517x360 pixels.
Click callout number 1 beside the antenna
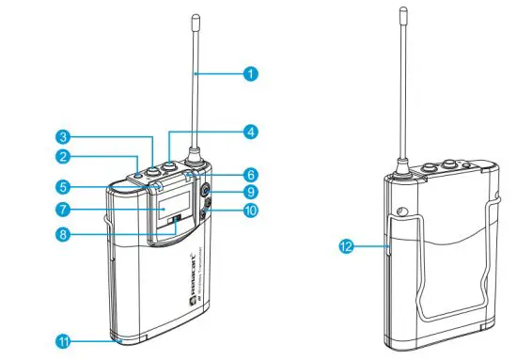(x=250, y=70)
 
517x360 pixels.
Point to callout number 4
(x=250, y=132)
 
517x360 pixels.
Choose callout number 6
(x=250, y=174)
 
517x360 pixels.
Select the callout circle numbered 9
(x=250, y=192)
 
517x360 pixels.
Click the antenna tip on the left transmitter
(x=195, y=18)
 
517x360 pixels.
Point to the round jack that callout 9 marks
(x=205, y=196)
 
